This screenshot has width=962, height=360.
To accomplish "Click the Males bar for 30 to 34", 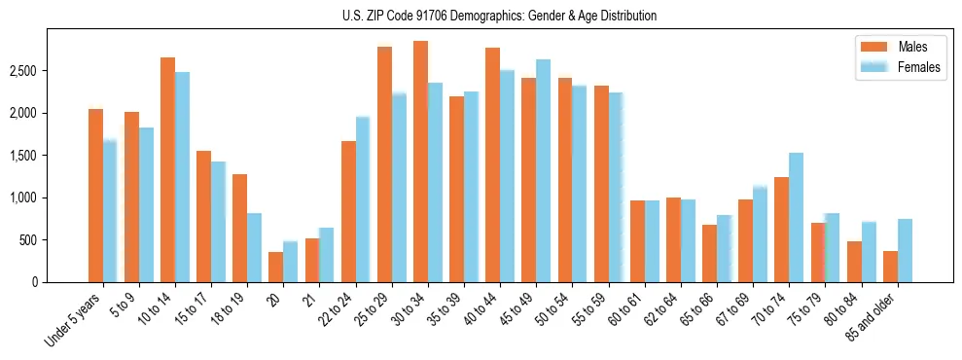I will (x=420, y=162).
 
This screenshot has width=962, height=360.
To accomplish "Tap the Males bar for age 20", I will (x=276, y=267).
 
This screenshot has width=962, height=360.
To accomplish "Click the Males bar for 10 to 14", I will (x=167, y=169).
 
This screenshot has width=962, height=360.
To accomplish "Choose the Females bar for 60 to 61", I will (x=652, y=240).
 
